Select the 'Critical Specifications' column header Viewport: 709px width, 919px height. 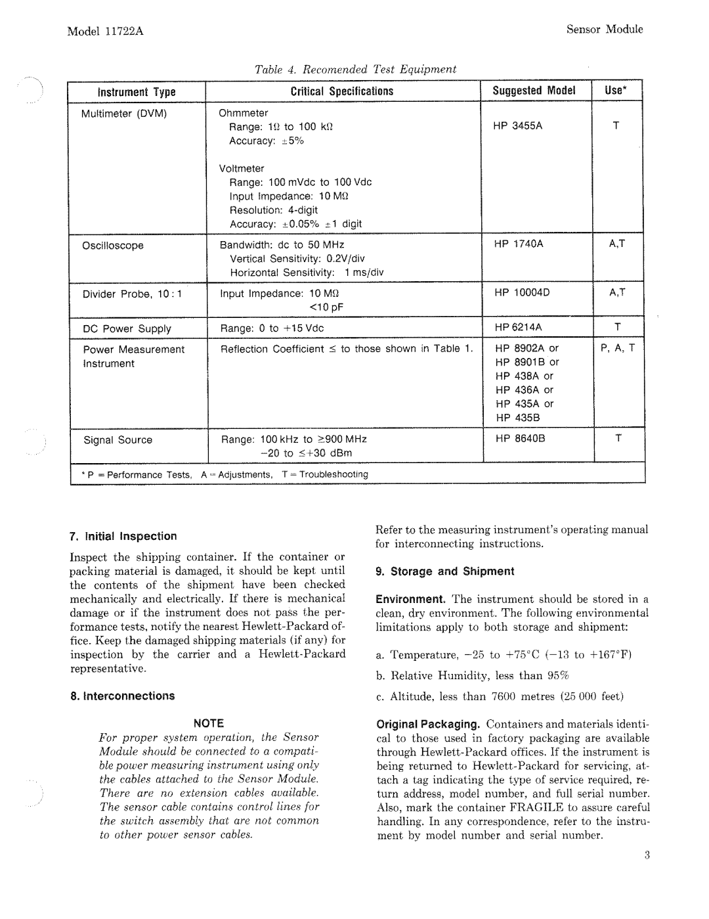point(342,92)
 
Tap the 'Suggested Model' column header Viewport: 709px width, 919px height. point(534,91)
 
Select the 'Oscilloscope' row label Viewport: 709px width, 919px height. point(113,246)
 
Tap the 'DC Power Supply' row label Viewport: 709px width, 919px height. point(127,328)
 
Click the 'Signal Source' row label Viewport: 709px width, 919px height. point(118,440)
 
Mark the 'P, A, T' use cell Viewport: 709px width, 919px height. point(618,348)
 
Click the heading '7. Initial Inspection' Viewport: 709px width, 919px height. point(123,536)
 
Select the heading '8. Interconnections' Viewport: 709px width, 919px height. point(122,696)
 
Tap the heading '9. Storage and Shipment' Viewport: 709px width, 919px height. point(444,572)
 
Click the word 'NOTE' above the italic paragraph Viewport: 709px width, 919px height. point(208,723)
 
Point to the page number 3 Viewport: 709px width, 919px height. point(646,855)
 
